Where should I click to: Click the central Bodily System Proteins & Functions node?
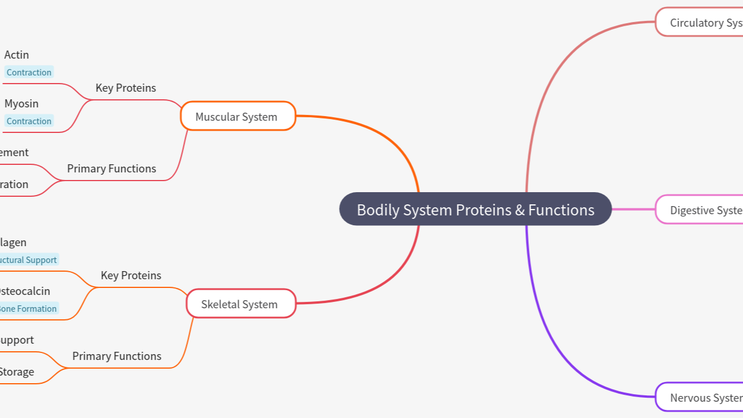475,210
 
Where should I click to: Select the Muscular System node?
237,116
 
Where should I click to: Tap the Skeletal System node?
240,304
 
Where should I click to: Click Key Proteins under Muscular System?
125,88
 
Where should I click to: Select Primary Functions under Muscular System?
111,169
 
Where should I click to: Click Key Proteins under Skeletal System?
131,276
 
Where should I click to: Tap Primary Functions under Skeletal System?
117,356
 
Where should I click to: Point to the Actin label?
16,55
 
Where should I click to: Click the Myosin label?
21,104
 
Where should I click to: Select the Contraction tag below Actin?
29,73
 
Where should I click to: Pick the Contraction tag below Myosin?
29,121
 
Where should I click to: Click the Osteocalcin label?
25,291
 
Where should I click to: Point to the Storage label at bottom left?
16,372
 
